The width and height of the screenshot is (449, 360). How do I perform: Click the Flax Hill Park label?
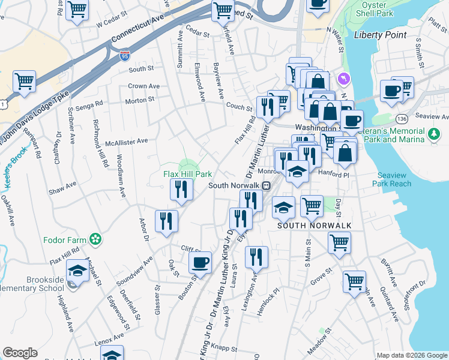pyautogui.click(x=188, y=174)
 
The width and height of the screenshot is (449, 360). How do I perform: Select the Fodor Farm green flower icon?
pyautogui.click(x=94, y=239)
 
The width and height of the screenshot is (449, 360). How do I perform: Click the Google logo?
pyautogui.click(x=20, y=353)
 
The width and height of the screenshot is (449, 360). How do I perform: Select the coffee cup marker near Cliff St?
pyautogui.click(x=200, y=262)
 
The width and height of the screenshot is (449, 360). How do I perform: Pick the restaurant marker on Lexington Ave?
pyautogui.click(x=256, y=257)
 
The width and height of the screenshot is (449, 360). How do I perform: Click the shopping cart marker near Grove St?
pyautogui.click(x=354, y=280)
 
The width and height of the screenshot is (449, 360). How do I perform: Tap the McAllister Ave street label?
pyautogui.click(x=126, y=141)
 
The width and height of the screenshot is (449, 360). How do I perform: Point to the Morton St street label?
pyautogui.click(x=140, y=100)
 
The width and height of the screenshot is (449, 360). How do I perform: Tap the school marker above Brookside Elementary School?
pyautogui.click(x=77, y=270)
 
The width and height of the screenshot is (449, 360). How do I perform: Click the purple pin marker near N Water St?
pyautogui.click(x=343, y=78)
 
